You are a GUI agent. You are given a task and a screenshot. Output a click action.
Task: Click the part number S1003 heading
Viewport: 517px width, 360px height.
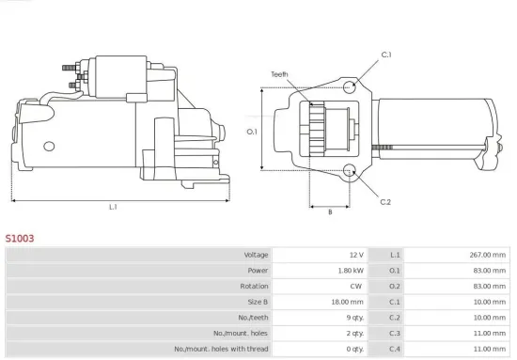click(20, 239)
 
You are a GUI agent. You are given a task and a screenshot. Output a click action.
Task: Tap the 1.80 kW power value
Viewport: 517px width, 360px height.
click(351, 271)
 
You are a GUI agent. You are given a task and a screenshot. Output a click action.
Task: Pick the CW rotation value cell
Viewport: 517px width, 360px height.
click(356, 287)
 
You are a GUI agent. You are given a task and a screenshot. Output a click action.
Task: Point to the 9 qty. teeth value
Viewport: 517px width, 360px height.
click(353, 318)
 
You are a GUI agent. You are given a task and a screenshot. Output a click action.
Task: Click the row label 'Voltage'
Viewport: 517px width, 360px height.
click(257, 255)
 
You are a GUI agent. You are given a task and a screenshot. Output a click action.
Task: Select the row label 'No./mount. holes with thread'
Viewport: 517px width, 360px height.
click(222, 350)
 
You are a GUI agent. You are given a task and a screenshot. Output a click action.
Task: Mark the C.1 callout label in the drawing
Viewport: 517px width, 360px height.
click(385, 55)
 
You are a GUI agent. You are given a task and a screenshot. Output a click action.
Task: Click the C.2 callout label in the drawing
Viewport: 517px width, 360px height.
click(385, 202)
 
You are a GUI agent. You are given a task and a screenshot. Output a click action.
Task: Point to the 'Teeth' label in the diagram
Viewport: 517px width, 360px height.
click(279, 73)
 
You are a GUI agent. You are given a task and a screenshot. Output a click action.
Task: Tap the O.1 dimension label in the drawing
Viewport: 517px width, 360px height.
click(252, 132)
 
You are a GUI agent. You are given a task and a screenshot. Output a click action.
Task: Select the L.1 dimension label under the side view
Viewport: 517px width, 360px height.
click(113, 206)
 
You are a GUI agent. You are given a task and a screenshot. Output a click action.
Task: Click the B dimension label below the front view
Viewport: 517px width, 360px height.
click(329, 211)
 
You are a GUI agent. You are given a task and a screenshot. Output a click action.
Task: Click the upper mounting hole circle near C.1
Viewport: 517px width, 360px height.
click(350, 86)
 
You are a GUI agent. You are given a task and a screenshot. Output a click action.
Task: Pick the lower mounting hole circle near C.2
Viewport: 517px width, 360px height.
click(350, 171)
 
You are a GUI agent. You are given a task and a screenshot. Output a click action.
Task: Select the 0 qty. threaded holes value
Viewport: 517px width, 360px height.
click(353, 350)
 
